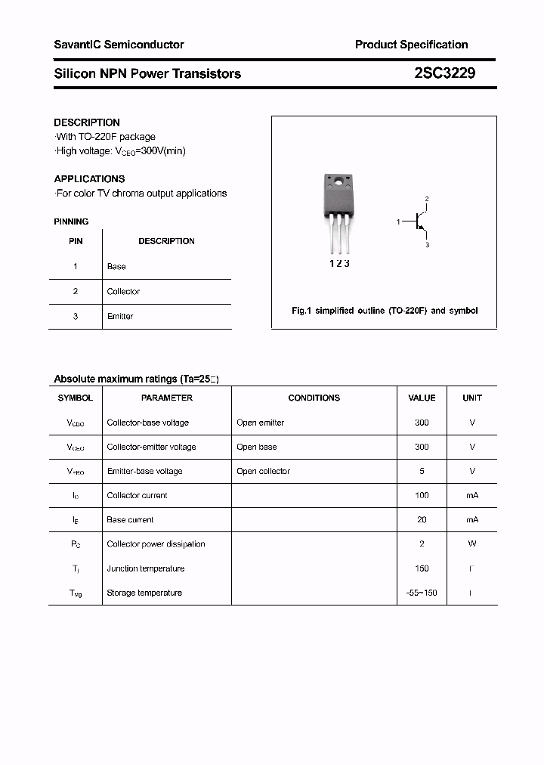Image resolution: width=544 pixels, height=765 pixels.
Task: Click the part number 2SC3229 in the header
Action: [x=444, y=73]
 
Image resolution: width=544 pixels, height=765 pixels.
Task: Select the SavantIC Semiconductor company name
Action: [x=119, y=45]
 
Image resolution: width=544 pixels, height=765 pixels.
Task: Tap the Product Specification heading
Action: [x=411, y=45]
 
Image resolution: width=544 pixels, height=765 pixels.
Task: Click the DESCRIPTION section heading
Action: [x=87, y=122]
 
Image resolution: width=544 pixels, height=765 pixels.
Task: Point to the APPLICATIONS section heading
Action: [x=89, y=179]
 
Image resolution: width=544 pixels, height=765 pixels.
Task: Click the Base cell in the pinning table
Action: [x=116, y=266]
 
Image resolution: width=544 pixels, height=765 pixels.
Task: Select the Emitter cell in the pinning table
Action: [x=120, y=316]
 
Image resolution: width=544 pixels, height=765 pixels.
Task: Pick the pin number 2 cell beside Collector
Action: [x=76, y=291]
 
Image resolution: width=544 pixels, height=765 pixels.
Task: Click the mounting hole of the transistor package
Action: [x=338, y=182]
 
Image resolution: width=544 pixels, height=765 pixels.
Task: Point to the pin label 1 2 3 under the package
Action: [x=338, y=264]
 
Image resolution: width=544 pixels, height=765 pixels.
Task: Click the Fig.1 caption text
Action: [x=385, y=311]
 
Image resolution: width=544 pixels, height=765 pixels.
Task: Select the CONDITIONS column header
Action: [x=314, y=398]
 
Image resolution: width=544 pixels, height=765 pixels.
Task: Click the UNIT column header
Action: [x=472, y=398]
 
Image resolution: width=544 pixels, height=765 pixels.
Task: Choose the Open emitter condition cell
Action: [x=261, y=423]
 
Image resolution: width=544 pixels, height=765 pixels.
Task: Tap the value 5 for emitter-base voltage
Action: [x=422, y=471]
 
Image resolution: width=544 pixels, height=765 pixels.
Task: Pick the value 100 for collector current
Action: [x=422, y=495]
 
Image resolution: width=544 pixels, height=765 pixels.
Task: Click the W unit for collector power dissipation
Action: [x=472, y=544]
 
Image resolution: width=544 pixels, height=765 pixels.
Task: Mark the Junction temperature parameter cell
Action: [x=146, y=568]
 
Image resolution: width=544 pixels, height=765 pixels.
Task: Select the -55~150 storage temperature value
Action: [x=422, y=593]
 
